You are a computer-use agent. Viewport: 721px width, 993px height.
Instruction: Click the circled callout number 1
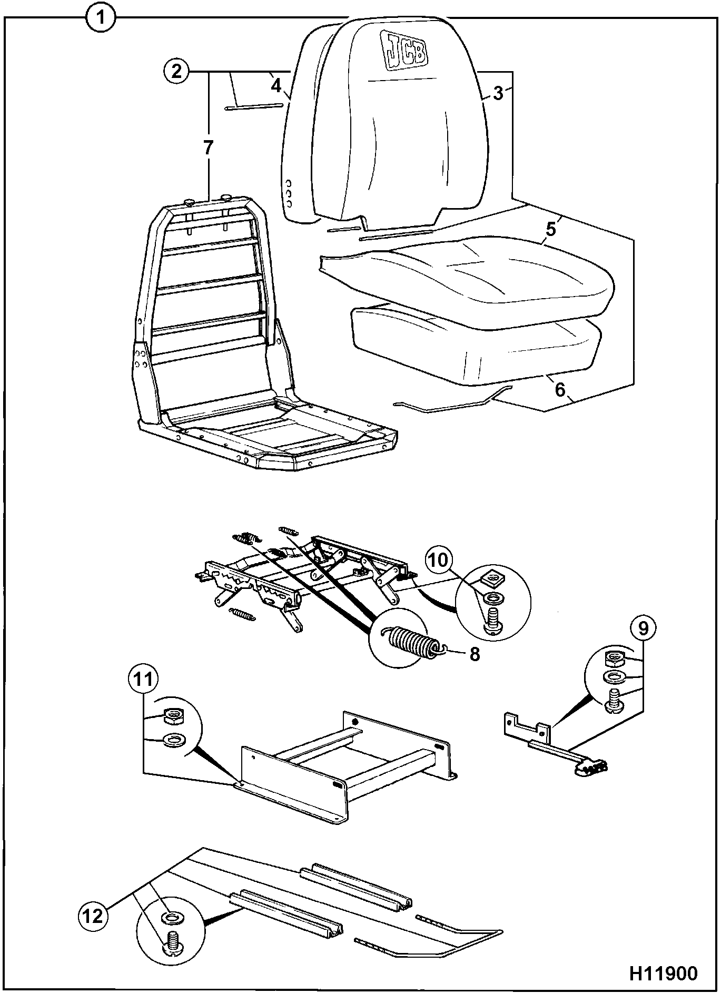point(100,18)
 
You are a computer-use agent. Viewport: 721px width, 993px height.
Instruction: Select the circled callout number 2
point(177,71)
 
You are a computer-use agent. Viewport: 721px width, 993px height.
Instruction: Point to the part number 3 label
point(498,93)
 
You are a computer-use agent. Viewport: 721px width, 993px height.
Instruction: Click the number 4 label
point(276,84)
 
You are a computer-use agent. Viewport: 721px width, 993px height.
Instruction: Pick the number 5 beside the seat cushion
point(550,229)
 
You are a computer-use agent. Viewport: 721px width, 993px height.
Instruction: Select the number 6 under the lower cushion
point(559,389)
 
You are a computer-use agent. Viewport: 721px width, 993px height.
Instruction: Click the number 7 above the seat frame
point(209,148)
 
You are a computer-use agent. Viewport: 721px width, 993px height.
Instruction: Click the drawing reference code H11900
point(663,972)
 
